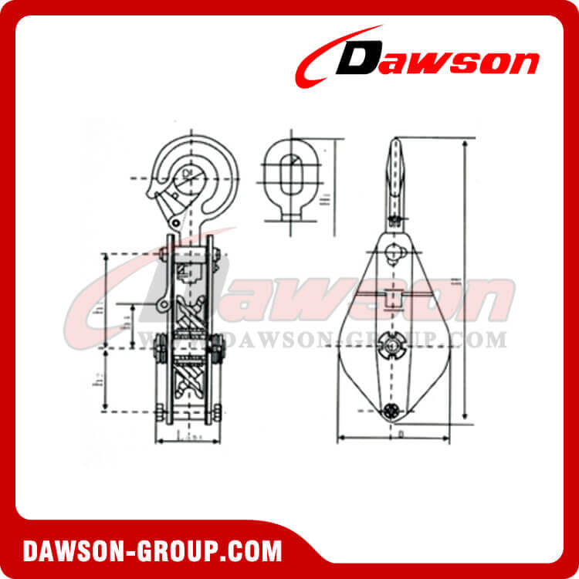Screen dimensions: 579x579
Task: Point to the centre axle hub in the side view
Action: click(x=392, y=344)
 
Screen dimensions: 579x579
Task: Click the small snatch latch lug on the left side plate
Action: click(x=164, y=306)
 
